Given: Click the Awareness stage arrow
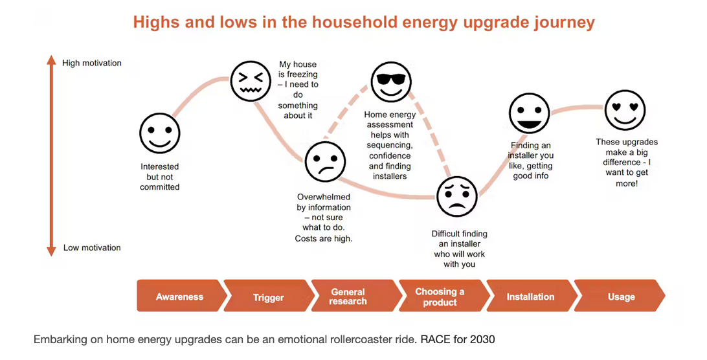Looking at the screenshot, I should pyautogui.click(x=179, y=297).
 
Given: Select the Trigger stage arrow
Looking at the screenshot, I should pyautogui.click(x=268, y=297).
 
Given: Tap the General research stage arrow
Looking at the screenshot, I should pyautogui.click(x=348, y=297).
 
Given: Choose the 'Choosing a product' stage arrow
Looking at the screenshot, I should pyautogui.click(x=440, y=297).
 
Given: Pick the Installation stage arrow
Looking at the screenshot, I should pyautogui.click(x=530, y=297).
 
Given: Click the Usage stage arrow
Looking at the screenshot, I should pyautogui.click(x=621, y=297).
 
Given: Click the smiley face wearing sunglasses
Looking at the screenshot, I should pyautogui.click(x=391, y=82).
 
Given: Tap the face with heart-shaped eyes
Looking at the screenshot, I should pyautogui.click(x=625, y=110).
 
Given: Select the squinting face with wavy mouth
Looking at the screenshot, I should pyautogui.click(x=251, y=81).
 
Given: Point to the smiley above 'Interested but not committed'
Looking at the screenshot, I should pyautogui.click(x=160, y=133).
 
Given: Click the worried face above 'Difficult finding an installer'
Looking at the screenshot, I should pyautogui.click(x=457, y=197).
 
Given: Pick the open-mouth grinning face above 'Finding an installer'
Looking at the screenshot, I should pyautogui.click(x=529, y=114).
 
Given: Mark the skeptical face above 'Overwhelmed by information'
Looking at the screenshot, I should pyautogui.click(x=325, y=162).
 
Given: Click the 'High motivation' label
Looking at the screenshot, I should pyautogui.click(x=92, y=63).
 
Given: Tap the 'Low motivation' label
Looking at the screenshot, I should pyautogui.click(x=92, y=248).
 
